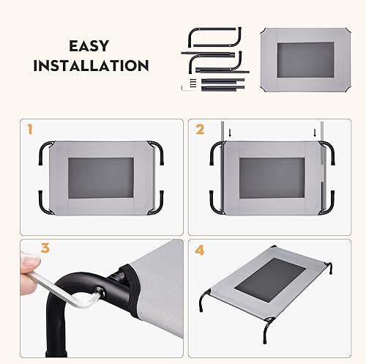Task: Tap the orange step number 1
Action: pyautogui.click(x=29, y=130)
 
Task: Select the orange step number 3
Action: pyautogui.click(x=30, y=249)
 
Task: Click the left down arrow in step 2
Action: pyautogui.click(x=230, y=133)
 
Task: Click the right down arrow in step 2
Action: pyautogui.click(x=315, y=133)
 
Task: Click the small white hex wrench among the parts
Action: pyautogui.click(x=189, y=85)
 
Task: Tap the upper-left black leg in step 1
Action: pyautogui.click(x=45, y=152)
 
